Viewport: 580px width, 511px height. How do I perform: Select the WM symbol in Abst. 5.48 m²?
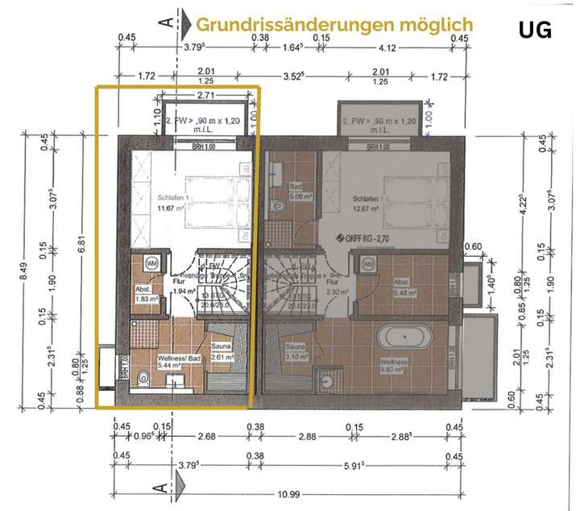367,263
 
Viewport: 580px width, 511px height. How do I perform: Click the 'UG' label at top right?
535,31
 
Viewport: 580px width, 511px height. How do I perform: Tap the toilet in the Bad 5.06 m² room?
280,208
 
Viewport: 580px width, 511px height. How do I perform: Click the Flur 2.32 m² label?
332,288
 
